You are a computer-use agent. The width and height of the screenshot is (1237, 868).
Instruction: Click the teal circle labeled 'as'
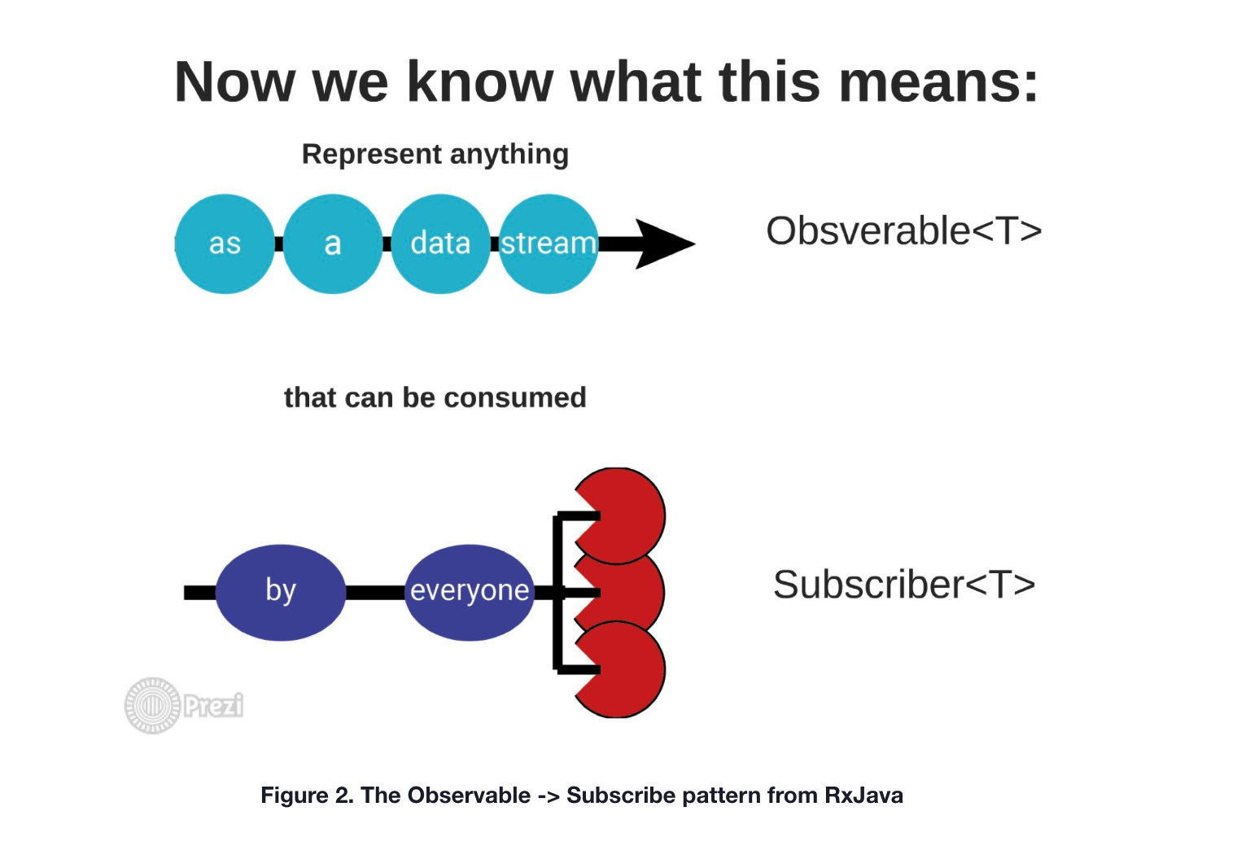225,243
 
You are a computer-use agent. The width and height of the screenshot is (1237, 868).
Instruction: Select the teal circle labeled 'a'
332,243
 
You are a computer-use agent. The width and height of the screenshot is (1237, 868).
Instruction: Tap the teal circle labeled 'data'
440,243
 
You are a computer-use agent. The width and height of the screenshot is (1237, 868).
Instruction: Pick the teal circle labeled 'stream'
548,243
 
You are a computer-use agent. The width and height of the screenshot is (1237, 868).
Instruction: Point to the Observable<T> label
903,231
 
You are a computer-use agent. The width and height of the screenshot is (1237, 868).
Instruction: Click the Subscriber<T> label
903,585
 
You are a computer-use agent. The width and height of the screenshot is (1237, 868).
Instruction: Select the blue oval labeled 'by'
281,592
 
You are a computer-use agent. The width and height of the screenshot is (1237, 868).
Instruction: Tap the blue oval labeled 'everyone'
469,592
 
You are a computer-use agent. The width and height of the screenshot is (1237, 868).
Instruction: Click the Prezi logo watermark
184,705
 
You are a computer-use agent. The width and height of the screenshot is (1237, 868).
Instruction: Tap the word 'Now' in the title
234,82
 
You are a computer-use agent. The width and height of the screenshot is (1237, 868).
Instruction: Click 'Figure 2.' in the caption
307,796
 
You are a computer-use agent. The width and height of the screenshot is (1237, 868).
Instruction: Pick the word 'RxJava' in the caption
863,796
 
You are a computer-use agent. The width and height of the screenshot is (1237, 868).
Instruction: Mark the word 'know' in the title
480,82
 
